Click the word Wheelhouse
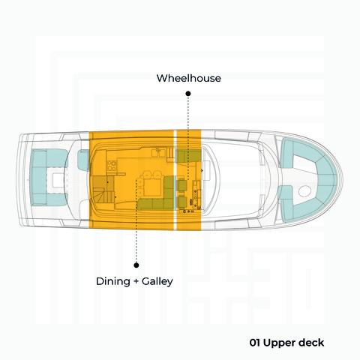pos(189,78)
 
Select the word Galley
pos(157,281)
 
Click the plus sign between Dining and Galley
pos(136,281)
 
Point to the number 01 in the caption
pos(255,343)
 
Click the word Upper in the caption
pos(275,343)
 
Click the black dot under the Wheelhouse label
pos(188,94)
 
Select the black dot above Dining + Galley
pos(136,265)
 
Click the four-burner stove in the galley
pos(112,165)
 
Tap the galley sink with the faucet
pos(157,151)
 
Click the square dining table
pos(153,187)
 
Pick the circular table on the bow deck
pos(304,191)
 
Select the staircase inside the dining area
pos(103,189)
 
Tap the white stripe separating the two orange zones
pos(175,180)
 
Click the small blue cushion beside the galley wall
pos(83,160)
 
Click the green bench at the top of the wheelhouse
pos(189,155)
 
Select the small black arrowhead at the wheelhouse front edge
pos(202,170)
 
